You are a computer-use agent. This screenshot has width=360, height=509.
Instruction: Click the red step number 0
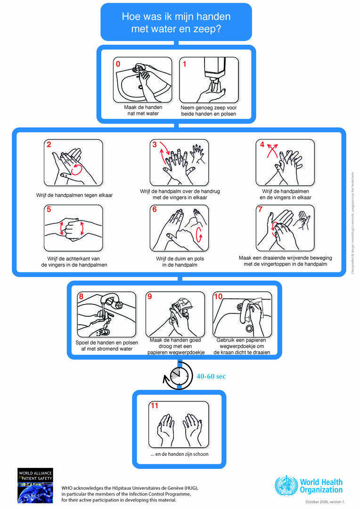point(118,64)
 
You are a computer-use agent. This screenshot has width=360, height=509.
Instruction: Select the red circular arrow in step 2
point(76,168)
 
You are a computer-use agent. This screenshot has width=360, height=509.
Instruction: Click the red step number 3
point(155,145)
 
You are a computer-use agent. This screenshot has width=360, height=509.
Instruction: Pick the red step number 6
point(155,210)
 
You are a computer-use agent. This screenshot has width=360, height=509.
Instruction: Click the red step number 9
point(150,297)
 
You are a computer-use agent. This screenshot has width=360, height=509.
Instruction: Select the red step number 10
point(218,297)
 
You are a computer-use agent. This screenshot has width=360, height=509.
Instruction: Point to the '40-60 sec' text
point(211,377)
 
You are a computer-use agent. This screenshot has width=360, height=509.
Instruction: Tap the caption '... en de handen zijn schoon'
point(179,454)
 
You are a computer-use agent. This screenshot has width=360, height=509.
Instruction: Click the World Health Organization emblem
point(286,485)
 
